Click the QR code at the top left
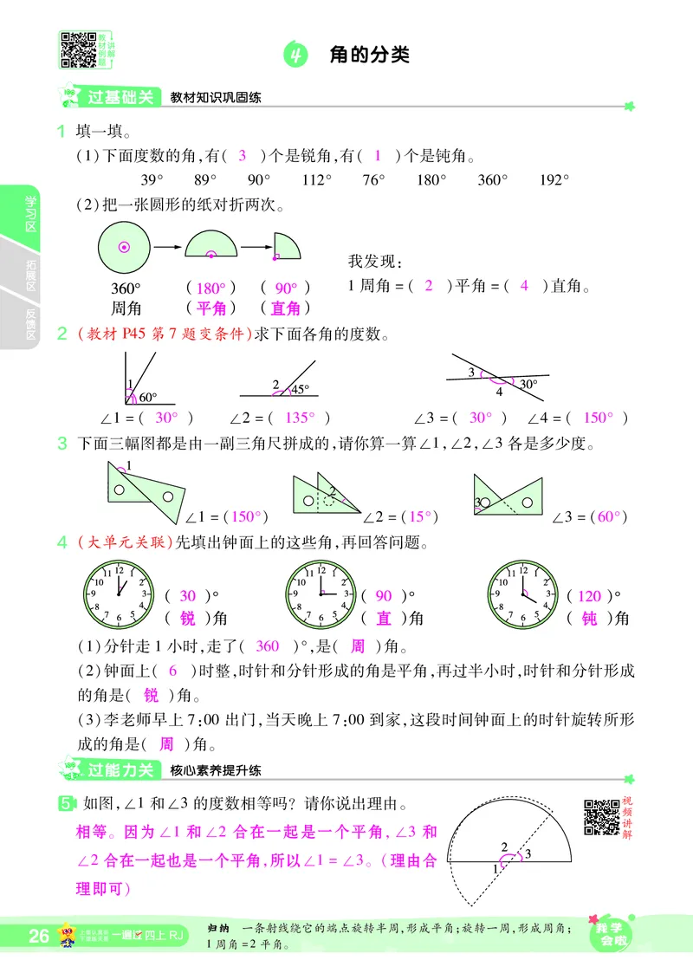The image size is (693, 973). coord(77,49)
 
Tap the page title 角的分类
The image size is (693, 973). coord(369,55)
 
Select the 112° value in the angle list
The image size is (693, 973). coord(317,180)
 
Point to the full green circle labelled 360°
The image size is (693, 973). coord(124,248)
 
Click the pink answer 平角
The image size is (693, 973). coord(211,308)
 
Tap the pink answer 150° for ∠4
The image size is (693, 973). coord(597,417)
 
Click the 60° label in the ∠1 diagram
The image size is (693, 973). coord(148,398)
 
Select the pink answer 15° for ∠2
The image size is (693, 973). coord(420,516)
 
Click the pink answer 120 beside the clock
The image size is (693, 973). coord(588,596)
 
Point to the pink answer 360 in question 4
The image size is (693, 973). coord(269,645)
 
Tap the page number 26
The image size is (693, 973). coord(39,936)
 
